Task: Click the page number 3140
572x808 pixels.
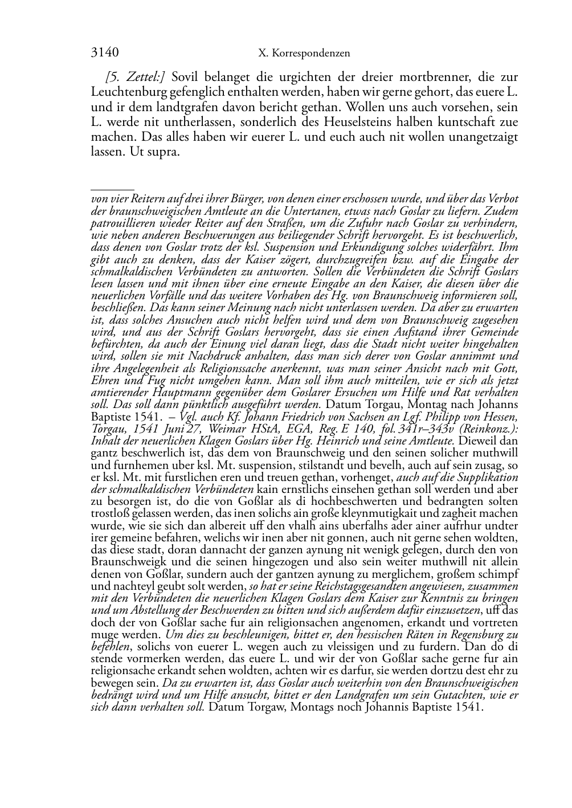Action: pyautogui.click(x=104, y=53)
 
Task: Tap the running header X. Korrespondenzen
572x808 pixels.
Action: pyautogui.click(x=304, y=54)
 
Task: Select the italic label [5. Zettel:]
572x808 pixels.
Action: pyautogui.click(x=136, y=77)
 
